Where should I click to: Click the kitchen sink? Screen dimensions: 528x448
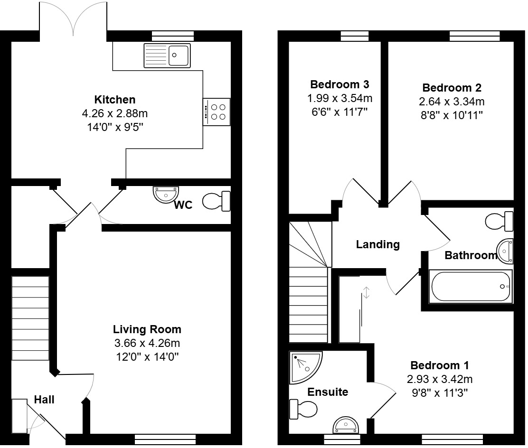pos(167,55)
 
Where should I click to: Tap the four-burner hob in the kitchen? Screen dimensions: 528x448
pos(217,112)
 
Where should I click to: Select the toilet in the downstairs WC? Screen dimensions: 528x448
pos(217,201)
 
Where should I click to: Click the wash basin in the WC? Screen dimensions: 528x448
pos(166,195)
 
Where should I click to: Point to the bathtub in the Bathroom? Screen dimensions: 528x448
pos(471,287)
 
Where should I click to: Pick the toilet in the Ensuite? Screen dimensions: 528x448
pos(303,409)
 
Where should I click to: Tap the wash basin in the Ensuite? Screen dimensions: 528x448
pos(346,425)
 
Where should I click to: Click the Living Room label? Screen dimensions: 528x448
pos(147,329)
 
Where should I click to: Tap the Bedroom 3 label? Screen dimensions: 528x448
pos(339,84)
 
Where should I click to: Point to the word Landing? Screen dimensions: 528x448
pos(378,244)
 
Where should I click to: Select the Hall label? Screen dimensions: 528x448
pos(44,400)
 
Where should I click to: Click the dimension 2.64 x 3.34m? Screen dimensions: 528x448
pos(452,101)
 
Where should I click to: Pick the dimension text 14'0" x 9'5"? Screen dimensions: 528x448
pos(115,127)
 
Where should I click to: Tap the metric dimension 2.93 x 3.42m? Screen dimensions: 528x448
pos(439,379)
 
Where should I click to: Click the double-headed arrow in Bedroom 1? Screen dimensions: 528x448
pos(367,292)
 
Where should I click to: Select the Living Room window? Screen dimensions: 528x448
pos(165,439)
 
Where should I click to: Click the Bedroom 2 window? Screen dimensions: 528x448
pos(475,36)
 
